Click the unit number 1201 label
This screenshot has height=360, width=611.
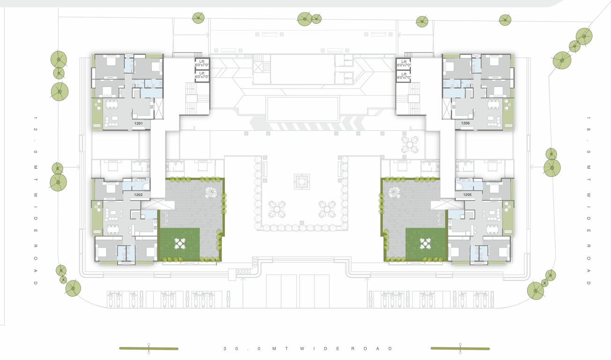[138, 123]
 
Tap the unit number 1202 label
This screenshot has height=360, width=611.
[138, 194]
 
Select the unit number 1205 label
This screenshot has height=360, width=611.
[467, 194]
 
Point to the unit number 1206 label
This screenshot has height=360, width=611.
[465, 123]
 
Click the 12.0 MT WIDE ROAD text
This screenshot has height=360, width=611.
[35, 200]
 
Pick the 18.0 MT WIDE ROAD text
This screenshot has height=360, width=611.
[589, 200]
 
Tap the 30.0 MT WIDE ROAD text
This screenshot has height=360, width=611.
[308, 349]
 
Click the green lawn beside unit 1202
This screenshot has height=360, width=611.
[179, 244]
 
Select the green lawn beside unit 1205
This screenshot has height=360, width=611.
[425, 244]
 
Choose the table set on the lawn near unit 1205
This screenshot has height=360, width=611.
[425, 243]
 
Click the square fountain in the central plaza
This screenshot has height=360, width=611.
[302, 181]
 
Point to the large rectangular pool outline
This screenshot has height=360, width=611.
[302, 109]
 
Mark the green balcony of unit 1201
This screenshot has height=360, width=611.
[97, 113]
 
